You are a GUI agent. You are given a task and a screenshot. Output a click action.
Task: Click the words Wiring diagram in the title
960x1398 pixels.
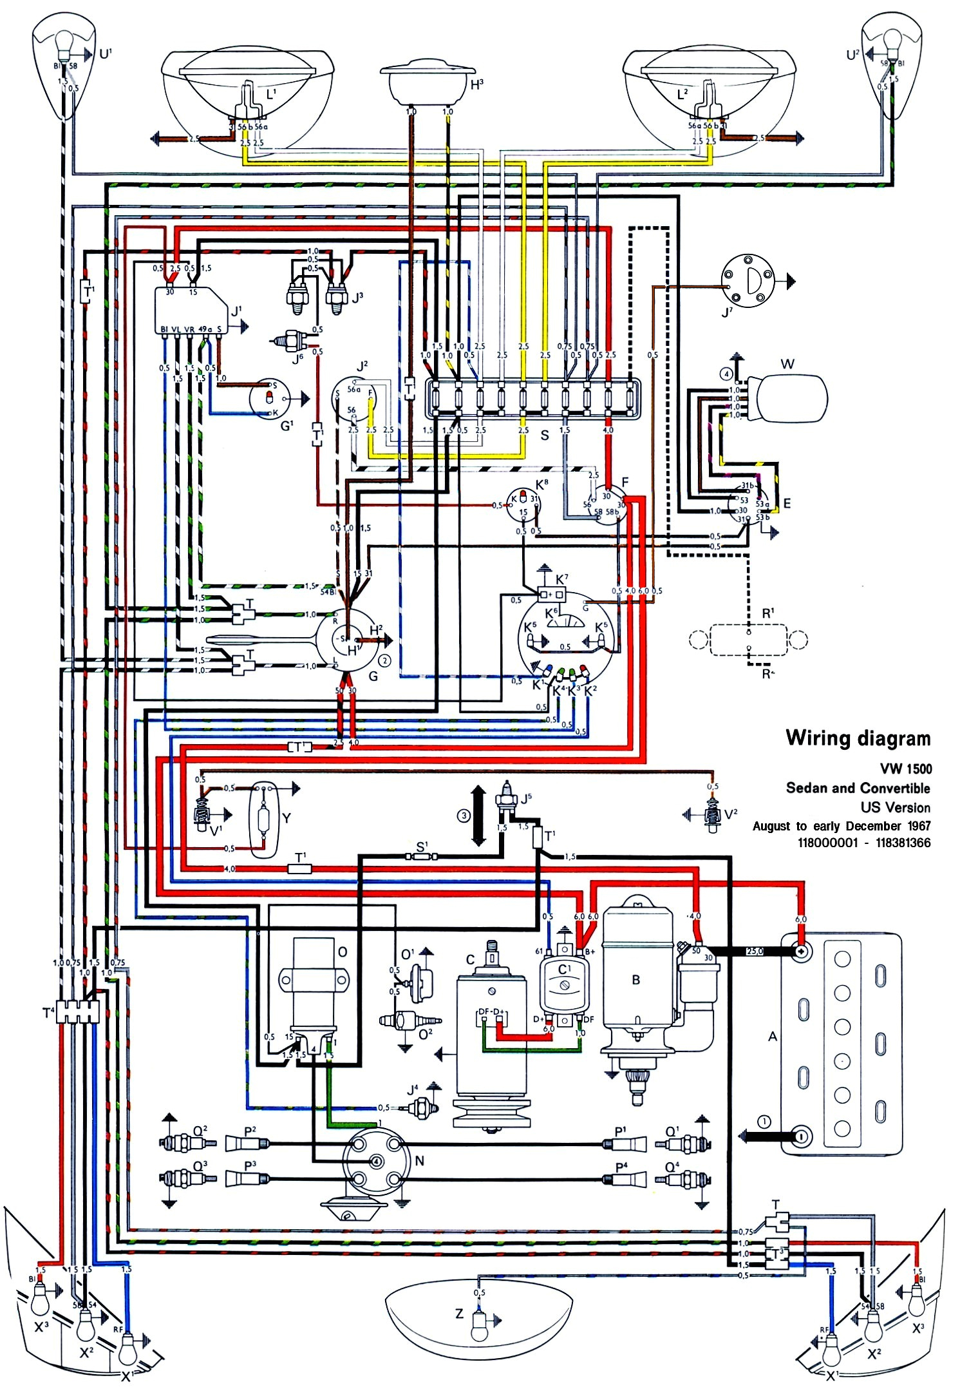point(858,738)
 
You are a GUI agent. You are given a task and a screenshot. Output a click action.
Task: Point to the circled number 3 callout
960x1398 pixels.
point(464,816)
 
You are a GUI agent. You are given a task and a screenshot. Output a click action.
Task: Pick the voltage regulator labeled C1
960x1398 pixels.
point(564,984)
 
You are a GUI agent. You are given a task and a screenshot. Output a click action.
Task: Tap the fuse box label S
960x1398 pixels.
point(545,436)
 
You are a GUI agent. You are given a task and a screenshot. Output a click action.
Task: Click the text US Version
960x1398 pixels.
point(895,807)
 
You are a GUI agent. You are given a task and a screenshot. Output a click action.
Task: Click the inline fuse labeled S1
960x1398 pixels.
point(421,856)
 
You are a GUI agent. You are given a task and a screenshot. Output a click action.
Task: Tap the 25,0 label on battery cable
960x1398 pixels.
point(754,951)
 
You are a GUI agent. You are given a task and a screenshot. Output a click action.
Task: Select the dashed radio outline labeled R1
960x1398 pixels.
point(748,640)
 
